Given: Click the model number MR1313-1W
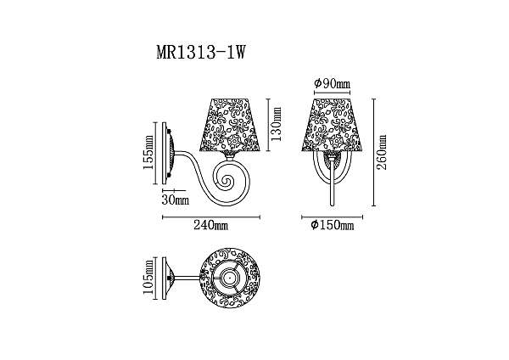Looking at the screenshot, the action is (201, 52).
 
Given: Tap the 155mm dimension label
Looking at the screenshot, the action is (148, 152).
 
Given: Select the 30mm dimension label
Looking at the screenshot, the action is (176, 200).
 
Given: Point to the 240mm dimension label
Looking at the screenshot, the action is (210, 225).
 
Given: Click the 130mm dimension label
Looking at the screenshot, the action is (277, 124).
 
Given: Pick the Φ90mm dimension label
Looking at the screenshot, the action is (333, 83).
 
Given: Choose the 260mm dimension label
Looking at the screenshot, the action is (382, 152).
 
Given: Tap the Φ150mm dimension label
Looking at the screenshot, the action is (332, 225).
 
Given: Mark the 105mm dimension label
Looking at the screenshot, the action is (148, 277).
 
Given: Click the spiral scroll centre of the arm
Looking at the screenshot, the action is (226, 181).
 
